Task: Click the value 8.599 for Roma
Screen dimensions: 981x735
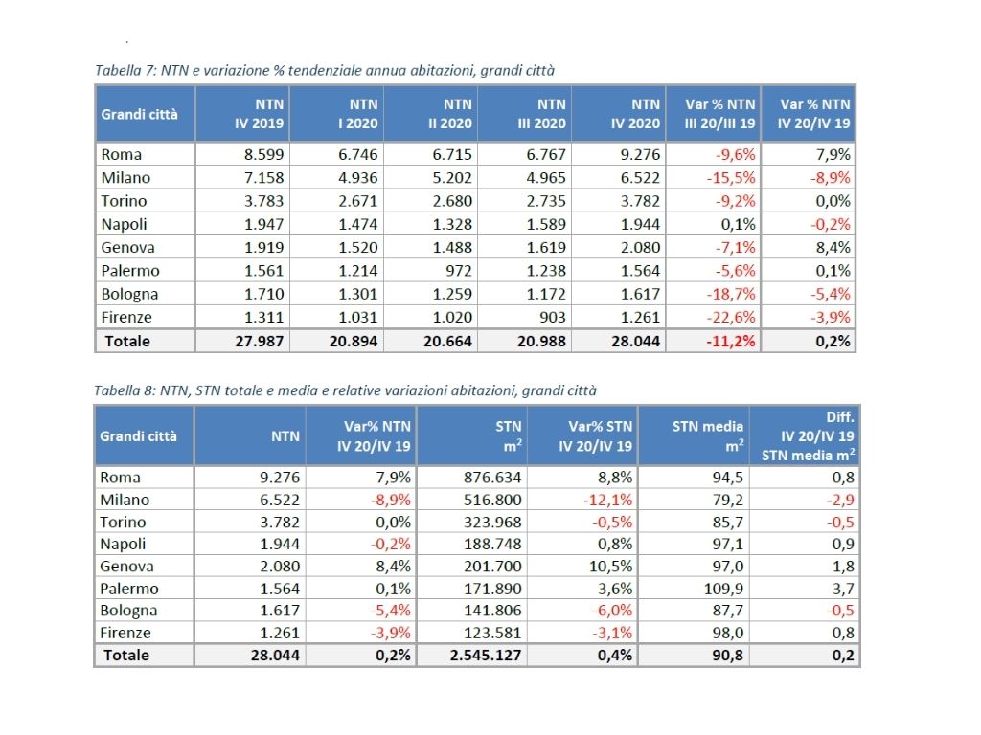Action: (x=263, y=154)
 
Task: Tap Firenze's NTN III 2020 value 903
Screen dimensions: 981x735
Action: (x=553, y=317)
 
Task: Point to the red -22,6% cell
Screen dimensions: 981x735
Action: (x=731, y=317)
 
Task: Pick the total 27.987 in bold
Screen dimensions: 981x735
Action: (x=259, y=342)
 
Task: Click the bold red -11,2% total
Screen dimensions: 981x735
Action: (x=731, y=342)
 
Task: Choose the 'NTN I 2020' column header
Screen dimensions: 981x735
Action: (x=357, y=114)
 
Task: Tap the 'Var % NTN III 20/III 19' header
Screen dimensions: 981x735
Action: (x=719, y=114)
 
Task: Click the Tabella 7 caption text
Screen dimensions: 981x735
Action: (x=325, y=70)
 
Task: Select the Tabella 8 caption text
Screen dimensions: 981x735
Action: (x=345, y=390)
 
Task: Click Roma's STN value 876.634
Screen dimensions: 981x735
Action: (x=492, y=478)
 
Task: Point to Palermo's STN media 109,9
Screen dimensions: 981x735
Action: (x=723, y=589)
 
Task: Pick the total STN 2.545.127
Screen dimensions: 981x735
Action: (x=486, y=655)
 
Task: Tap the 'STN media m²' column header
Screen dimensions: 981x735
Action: (x=708, y=436)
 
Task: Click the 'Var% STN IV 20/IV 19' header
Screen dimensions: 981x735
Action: (x=595, y=436)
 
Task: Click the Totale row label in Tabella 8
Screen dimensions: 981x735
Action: (x=126, y=655)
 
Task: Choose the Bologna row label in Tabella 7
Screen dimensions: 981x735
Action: (x=129, y=295)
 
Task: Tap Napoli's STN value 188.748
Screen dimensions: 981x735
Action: (x=492, y=544)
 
